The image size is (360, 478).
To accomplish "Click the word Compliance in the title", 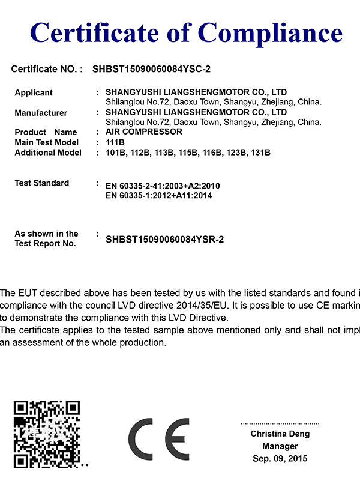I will pyautogui.click(x=270, y=31).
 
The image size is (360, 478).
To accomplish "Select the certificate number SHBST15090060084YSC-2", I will pyautogui.click(x=151, y=69).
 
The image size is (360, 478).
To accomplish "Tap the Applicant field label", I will pyautogui.click(x=34, y=93).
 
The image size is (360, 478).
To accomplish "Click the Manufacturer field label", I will pyautogui.click(x=41, y=113).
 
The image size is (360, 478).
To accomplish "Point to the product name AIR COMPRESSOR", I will pyautogui.click(x=143, y=132).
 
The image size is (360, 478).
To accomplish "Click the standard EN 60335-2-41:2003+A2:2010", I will pyautogui.click(x=162, y=186).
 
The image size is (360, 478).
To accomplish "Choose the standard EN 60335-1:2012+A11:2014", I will pyautogui.click(x=158, y=195).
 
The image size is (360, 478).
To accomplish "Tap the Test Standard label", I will pyautogui.click(x=41, y=183).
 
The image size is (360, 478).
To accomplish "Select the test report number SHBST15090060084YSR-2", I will pyautogui.click(x=164, y=239).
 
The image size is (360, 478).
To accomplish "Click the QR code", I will pyautogui.click(x=47, y=434).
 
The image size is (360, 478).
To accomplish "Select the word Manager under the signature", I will pyautogui.click(x=280, y=446).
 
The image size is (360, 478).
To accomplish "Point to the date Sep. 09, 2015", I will pyautogui.click(x=280, y=458).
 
